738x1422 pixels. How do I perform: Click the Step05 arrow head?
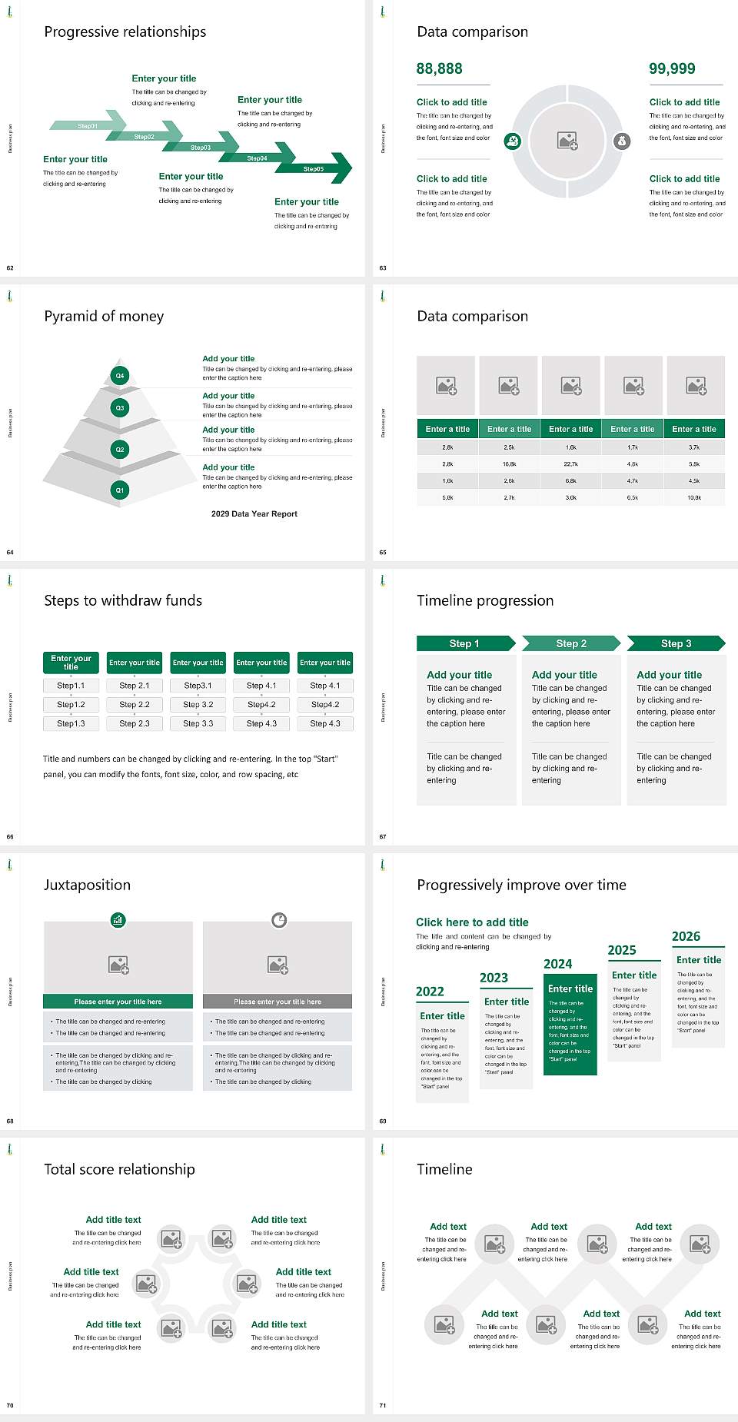click(x=338, y=168)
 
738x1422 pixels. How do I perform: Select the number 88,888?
click(x=439, y=68)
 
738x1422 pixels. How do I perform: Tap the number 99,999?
click(x=672, y=68)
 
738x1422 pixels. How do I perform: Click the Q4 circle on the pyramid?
click(x=120, y=376)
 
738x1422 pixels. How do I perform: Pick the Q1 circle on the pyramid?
click(x=120, y=490)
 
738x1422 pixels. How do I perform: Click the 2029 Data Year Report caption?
click(x=254, y=514)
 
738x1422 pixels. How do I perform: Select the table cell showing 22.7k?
click(x=570, y=464)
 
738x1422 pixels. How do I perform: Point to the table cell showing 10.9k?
click(x=694, y=498)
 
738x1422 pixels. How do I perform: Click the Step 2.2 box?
click(x=135, y=704)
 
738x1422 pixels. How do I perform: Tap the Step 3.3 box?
click(x=198, y=723)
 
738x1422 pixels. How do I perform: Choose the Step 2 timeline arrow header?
click(x=571, y=643)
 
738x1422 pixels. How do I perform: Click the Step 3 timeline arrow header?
click(x=676, y=643)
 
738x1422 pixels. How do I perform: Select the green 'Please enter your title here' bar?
click(x=118, y=1002)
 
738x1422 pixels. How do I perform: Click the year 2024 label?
click(x=557, y=964)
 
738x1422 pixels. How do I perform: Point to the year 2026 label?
click(x=686, y=936)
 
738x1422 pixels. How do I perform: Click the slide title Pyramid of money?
click(x=104, y=316)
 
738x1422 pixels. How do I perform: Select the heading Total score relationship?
click(x=119, y=1169)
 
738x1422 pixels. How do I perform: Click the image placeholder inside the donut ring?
click(x=567, y=141)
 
